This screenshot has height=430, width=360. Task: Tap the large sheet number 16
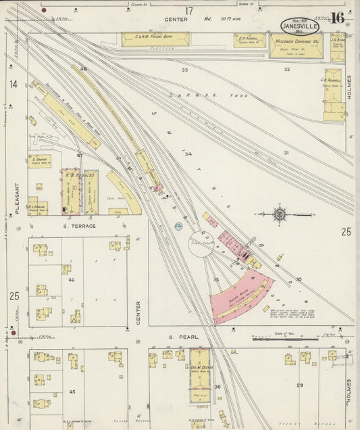[337, 18]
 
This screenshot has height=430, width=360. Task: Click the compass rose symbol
[279, 214]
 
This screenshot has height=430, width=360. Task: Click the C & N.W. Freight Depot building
[155, 40]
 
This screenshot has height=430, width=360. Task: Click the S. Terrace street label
[80, 226]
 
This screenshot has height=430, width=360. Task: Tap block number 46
[71, 279]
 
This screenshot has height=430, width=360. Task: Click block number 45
[72, 391]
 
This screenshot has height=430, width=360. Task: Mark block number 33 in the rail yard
[184, 70]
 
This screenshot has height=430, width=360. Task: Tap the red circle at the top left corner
[44, 11]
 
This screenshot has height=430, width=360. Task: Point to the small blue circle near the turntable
[177, 225]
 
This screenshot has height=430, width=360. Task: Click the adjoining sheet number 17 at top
[190, 10]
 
